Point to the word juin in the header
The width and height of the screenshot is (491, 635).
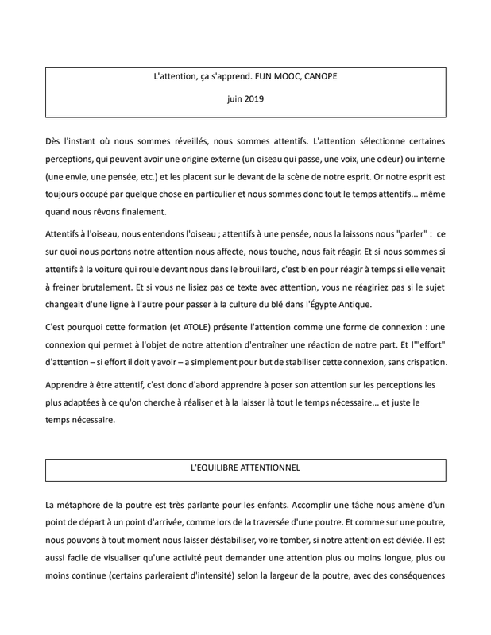[x=230, y=100]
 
